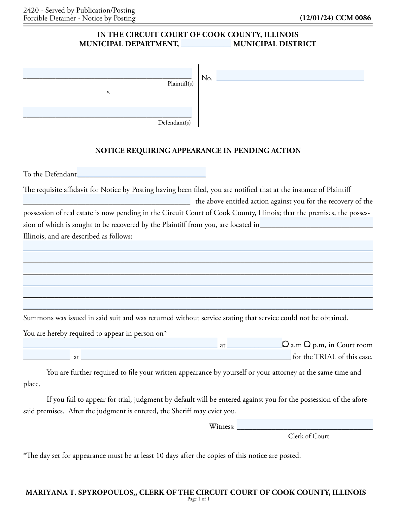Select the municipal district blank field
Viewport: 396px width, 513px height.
[x=206, y=43]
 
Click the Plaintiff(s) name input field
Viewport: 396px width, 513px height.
[x=107, y=73]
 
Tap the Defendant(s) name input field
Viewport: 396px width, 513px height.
[x=107, y=112]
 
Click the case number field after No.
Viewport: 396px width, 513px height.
[x=290, y=76]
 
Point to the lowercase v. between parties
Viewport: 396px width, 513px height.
[x=108, y=92]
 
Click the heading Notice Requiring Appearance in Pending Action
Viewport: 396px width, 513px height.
[x=198, y=151]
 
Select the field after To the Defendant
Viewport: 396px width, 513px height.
[x=141, y=172]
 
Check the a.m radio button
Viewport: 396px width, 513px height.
[x=285, y=344]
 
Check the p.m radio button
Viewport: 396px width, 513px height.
[x=307, y=344]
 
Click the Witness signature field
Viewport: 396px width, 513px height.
[x=305, y=424]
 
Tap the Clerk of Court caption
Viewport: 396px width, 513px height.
[x=309, y=436]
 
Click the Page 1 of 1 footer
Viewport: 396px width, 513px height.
[x=198, y=499]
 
